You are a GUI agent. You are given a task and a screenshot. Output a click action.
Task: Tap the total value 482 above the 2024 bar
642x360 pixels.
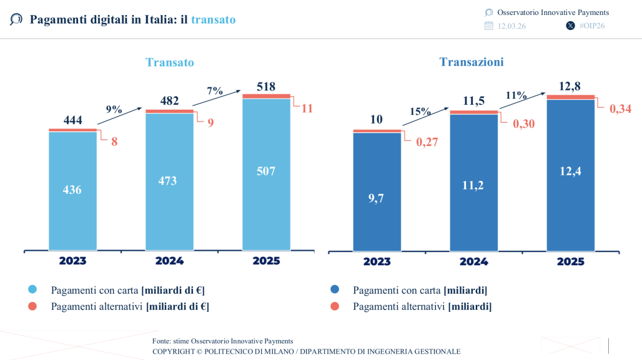pyautogui.click(x=170, y=101)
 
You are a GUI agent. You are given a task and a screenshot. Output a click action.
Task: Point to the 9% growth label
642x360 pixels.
pyautogui.click(x=114, y=110)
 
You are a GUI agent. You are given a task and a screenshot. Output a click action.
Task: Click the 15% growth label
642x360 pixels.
pyautogui.click(x=421, y=112)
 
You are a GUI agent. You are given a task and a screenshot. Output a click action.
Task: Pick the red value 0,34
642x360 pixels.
pyautogui.click(x=621, y=109)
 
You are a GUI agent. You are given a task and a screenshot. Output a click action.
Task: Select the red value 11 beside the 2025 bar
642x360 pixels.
pyautogui.click(x=307, y=109)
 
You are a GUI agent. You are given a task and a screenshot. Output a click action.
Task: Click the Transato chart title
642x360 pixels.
pyautogui.click(x=170, y=63)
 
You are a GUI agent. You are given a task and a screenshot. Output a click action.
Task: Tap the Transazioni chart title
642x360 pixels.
pyautogui.click(x=471, y=62)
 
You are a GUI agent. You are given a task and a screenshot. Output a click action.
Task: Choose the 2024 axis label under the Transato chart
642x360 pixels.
pyautogui.click(x=170, y=261)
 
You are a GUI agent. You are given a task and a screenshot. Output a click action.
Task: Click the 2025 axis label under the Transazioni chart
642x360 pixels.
pyautogui.click(x=570, y=262)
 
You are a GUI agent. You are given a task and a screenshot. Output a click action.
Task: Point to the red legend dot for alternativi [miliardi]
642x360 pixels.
pyautogui.click(x=334, y=307)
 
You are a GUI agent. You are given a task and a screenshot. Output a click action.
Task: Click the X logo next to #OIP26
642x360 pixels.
pyautogui.click(x=570, y=26)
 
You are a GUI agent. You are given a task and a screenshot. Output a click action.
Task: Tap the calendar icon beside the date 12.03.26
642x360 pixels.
pyautogui.click(x=488, y=26)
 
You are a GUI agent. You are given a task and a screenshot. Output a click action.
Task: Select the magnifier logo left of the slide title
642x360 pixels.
pyautogui.click(x=16, y=20)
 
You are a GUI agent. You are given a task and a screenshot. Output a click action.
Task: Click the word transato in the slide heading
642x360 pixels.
pyautogui.click(x=213, y=20)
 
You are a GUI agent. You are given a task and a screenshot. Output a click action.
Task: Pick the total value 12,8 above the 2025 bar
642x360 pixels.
pyautogui.click(x=570, y=86)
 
